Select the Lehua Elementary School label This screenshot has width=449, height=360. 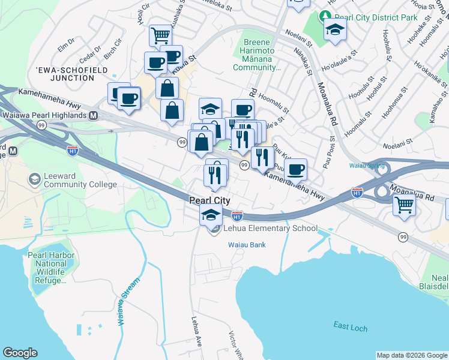(x=271, y=228)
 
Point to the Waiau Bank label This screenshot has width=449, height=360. (x=246, y=245)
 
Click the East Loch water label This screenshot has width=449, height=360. (x=349, y=325)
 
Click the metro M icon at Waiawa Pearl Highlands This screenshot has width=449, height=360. (x=93, y=115)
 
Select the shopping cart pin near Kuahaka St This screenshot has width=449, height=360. (x=160, y=35)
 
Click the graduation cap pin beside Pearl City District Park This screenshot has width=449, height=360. (x=334, y=29)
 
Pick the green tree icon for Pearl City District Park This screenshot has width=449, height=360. (x=325, y=16)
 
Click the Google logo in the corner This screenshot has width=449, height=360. (x=20, y=353)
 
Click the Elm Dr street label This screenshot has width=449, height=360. (x=65, y=43)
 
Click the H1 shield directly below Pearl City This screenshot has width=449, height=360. (x=237, y=214)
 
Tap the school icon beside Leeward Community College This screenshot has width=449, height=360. (x=35, y=179)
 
